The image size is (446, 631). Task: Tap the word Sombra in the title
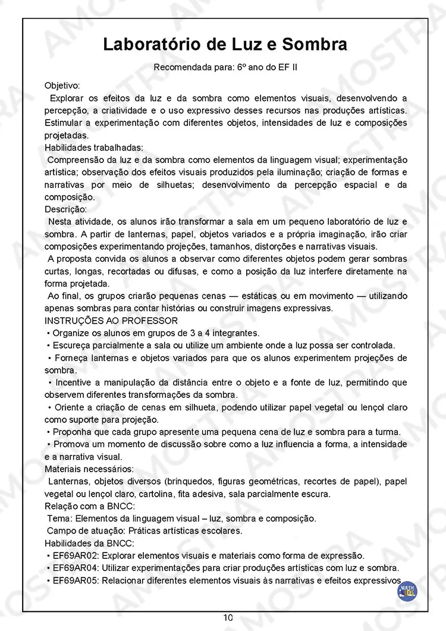tap(315, 45)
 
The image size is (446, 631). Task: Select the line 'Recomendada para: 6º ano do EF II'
tap(225, 67)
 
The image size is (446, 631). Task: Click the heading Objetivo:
tap(62, 86)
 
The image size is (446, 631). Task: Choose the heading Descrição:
tap(65, 209)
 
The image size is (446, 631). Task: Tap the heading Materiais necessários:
tap(89, 469)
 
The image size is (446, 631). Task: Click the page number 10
tap(228, 617)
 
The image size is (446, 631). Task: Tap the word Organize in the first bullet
tap(71, 333)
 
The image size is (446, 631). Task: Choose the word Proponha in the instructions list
tap(73, 432)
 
